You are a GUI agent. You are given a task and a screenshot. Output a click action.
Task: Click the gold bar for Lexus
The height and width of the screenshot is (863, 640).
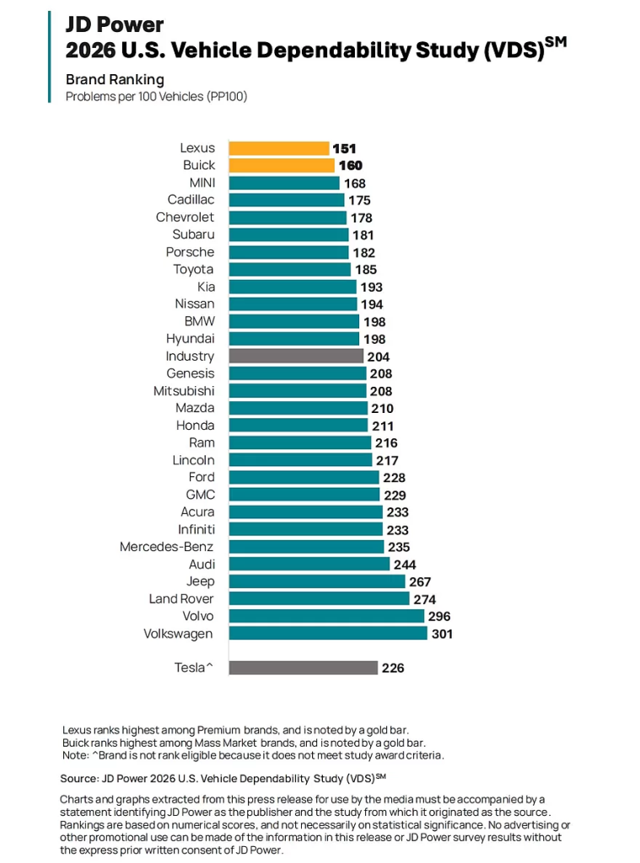(x=278, y=148)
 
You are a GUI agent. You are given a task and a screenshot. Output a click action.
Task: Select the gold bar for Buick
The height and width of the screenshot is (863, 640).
(x=282, y=165)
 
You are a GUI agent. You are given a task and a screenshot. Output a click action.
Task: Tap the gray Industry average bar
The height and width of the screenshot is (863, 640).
(x=296, y=356)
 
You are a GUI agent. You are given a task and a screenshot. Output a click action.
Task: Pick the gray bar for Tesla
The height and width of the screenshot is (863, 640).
(x=303, y=667)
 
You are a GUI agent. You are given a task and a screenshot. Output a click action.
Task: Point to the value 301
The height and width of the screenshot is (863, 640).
(x=442, y=633)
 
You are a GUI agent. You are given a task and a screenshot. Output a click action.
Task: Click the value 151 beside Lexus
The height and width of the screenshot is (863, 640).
(x=344, y=148)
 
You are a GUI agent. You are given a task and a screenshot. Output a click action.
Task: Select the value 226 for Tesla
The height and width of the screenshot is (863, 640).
(x=393, y=668)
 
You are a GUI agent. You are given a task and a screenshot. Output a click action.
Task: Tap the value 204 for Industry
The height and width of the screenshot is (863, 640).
(x=379, y=356)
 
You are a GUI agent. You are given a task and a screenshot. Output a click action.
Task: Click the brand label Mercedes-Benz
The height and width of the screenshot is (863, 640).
(x=166, y=547)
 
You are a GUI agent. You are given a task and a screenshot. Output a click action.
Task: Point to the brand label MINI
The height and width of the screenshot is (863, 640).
(x=202, y=183)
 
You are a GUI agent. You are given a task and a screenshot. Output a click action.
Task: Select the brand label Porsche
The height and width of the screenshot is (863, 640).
(x=190, y=252)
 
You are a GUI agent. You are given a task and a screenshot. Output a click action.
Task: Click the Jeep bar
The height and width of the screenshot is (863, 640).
(x=316, y=582)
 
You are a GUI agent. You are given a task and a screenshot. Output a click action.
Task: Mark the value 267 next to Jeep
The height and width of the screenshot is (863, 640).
(x=420, y=582)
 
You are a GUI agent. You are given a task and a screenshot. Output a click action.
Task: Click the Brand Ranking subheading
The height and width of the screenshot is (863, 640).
(x=115, y=80)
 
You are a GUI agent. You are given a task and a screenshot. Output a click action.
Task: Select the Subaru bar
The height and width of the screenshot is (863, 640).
(x=288, y=235)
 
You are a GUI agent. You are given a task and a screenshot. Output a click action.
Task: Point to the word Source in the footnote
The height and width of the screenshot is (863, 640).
(x=78, y=778)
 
